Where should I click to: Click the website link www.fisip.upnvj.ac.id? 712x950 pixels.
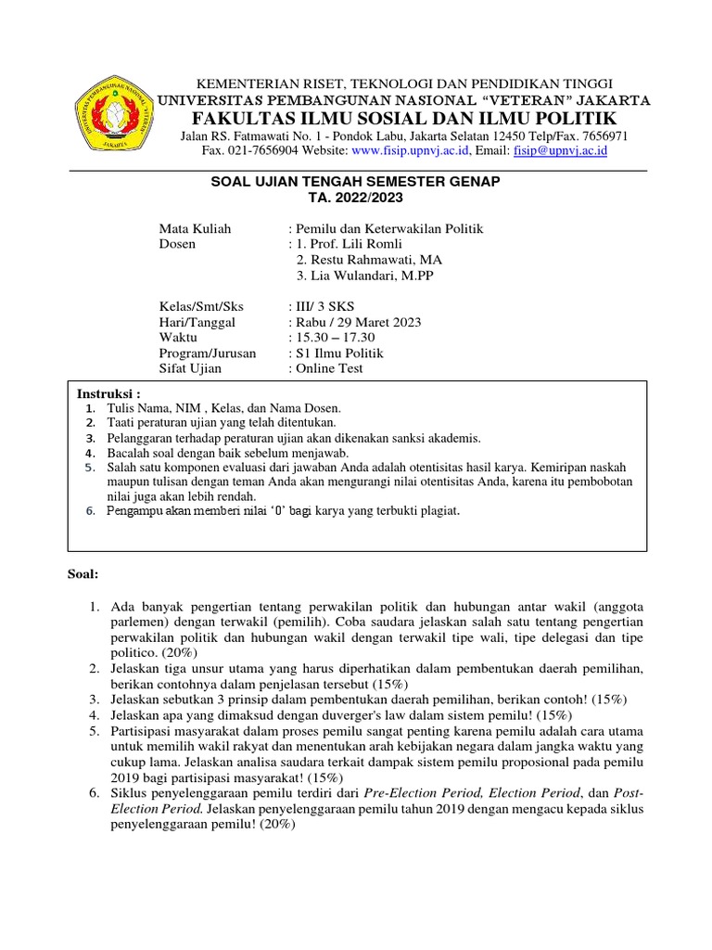(412, 150)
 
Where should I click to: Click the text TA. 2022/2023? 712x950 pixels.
(356, 198)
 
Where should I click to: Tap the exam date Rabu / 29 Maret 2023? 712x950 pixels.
(358, 322)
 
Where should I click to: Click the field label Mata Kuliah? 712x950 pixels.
(196, 228)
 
